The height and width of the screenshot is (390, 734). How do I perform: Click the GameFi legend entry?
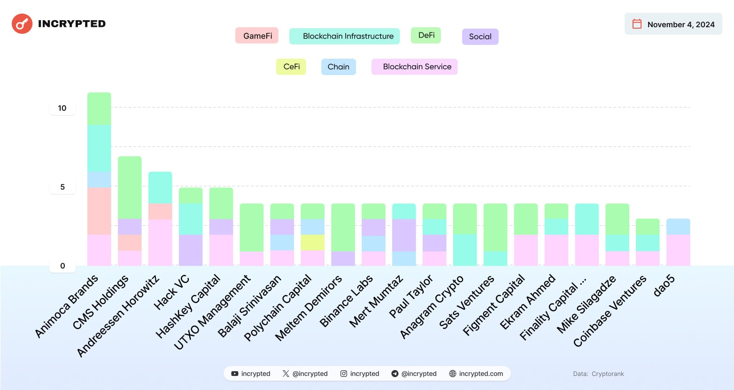257,36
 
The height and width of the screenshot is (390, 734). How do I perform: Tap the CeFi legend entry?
291,67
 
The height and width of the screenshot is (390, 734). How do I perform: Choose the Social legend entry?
480,37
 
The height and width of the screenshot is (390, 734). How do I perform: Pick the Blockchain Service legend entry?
414,67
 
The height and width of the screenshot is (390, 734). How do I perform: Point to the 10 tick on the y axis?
62,108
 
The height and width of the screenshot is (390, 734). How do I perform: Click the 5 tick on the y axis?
62,187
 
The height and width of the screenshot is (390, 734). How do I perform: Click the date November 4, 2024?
680,24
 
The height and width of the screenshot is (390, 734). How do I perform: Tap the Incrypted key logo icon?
22,24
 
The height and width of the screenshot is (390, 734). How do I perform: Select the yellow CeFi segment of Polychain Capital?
313,243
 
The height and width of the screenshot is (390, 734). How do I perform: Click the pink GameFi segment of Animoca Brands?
99,211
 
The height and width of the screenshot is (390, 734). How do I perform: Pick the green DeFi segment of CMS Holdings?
130,187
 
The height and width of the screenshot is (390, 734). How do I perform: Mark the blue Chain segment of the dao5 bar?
678,227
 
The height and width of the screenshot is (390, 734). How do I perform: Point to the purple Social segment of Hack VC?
191,250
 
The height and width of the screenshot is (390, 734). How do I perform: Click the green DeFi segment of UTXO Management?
252,228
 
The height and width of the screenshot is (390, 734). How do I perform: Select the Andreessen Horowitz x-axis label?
118,316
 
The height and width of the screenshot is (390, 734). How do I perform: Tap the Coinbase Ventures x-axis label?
610,312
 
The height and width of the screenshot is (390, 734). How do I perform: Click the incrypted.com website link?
476,374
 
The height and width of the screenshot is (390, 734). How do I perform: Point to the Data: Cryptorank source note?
598,374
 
